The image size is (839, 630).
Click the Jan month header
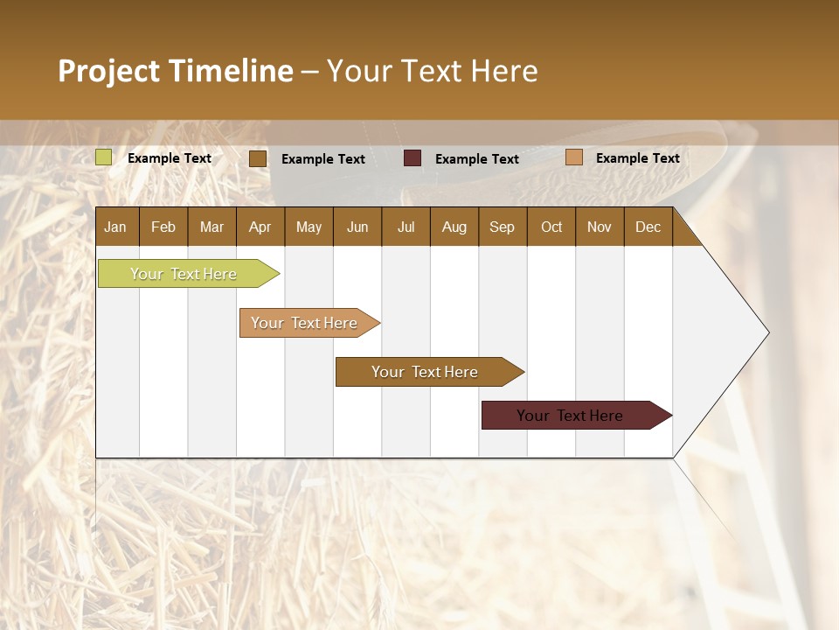(x=116, y=227)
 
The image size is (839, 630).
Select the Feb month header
(x=163, y=227)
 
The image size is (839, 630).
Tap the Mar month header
(x=211, y=227)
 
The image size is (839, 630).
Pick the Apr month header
(x=260, y=227)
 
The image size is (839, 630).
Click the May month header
(x=309, y=227)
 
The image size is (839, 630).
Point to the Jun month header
(x=357, y=227)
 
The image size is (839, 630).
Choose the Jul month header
(x=406, y=227)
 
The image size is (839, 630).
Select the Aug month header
(x=454, y=227)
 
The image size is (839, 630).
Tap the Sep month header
(x=503, y=227)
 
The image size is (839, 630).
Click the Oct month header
(x=551, y=227)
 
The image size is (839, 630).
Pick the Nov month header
(x=600, y=227)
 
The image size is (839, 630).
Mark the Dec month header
(x=648, y=227)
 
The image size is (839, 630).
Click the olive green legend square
(x=104, y=157)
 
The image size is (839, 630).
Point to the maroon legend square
(x=413, y=158)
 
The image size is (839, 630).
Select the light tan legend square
(x=573, y=157)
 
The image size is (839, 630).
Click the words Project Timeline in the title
(x=176, y=71)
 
